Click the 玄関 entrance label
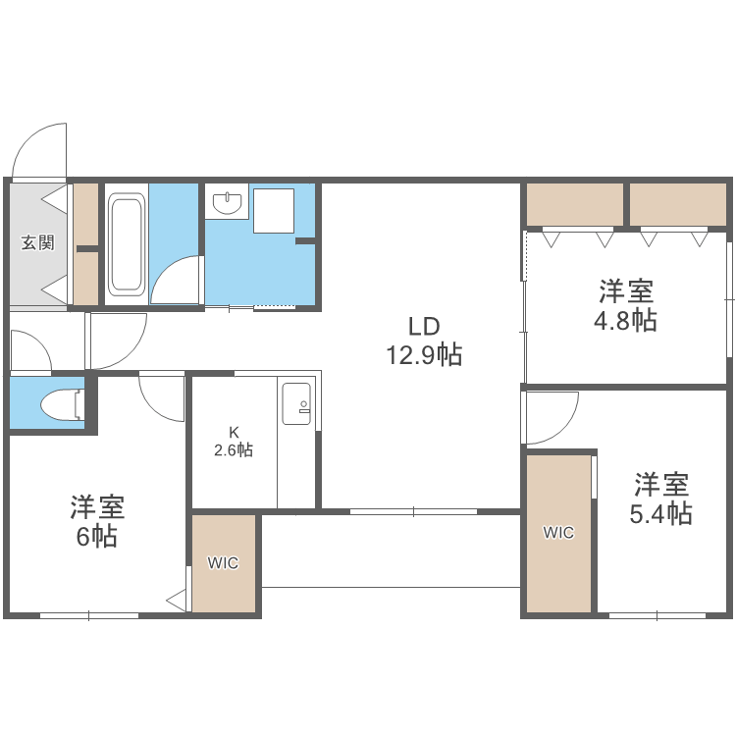[x=38, y=242]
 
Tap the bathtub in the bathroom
[x=127, y=244]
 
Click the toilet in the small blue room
[x=66, y=403]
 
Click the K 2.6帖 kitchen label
[x=234, y=442]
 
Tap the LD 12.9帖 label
[x=423, y=341]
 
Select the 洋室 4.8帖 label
[x=627, y=305]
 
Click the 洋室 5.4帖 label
[x=660, y=499]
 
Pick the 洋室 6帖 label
[x=96, y=522]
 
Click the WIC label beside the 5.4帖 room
[x=558, y=533]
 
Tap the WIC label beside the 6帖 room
[x=223, y=563]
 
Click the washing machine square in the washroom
[x=274, y=210]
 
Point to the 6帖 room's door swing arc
[x=160, y=398]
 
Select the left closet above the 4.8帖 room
[x=575, y=204]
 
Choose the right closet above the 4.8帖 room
[x=677, y=204]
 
